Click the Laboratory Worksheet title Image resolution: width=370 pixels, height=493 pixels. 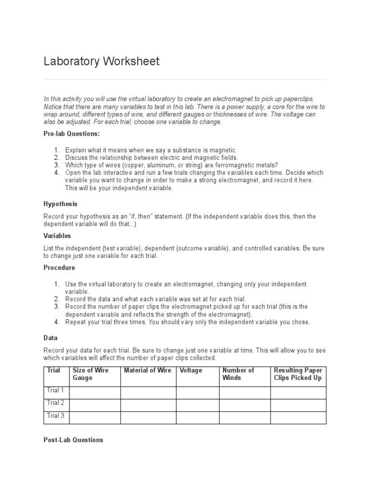click(101, 62)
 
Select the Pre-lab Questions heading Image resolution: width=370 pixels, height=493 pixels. click(72, 133)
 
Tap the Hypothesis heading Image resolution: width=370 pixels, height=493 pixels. click(60, 204)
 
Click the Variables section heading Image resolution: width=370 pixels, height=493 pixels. click(57, 236)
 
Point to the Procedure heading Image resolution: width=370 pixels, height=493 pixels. click(59, 268)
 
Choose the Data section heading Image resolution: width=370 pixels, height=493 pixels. click(51, 338)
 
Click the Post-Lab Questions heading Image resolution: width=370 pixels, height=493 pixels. click(73, 440)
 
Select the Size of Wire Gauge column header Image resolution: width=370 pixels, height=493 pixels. click(91, 374)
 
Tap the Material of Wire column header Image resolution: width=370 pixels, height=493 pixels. click(147, 370)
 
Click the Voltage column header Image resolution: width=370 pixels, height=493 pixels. click(191, 370)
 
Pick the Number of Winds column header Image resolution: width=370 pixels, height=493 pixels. click(238, 374)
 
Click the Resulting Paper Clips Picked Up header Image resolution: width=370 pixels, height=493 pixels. click(298, 374)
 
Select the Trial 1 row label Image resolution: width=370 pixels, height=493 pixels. click(56, 390)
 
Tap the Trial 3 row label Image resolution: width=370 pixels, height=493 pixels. click(56, 415)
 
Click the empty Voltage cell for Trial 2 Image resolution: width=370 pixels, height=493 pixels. click(198, 405)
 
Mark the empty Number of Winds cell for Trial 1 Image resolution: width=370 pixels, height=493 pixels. click(245, 392)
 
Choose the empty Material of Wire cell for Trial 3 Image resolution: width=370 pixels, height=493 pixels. click(148, 417)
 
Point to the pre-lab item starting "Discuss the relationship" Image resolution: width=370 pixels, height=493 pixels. click(151, 158)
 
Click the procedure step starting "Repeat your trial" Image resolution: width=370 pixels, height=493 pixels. click(187, 322)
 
